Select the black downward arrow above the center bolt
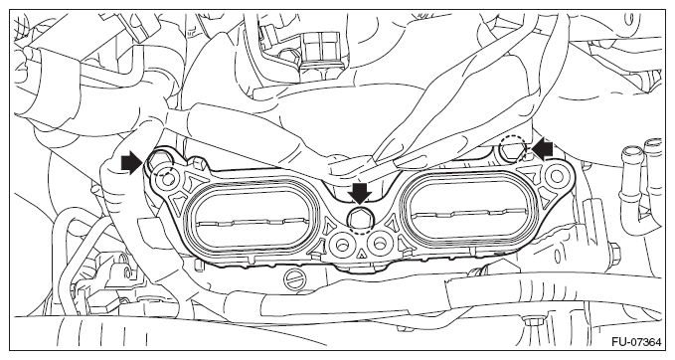pyautogui.click(x=360, y=192)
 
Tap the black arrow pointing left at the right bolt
pyautogui.click(x=542, y=149)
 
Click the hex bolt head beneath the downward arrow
pyautogui.click(x=360, y=219)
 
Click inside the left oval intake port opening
pyautogui.click(x=252, y=220)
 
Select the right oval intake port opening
pyautogui.click(x=468, y=209)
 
